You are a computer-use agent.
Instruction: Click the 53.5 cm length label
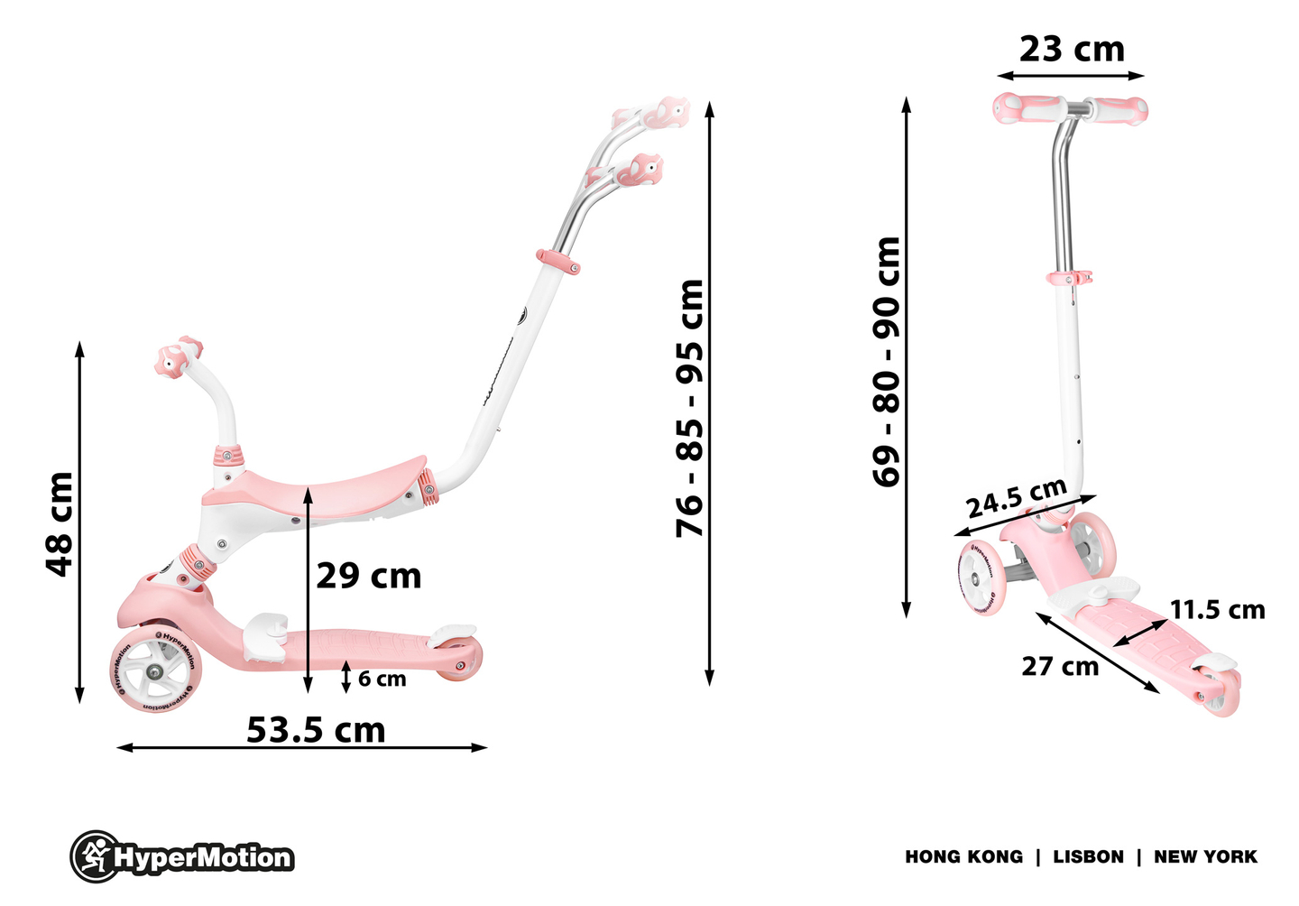(316, 729)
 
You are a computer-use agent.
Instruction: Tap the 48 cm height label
(60, 523)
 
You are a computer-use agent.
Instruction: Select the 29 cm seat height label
(369, 576)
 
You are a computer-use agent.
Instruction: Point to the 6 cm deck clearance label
(382, 679)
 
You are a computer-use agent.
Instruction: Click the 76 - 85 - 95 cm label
(690, 408)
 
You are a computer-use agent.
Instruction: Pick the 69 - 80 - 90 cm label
(888, 361)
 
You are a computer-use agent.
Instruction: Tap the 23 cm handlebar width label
(1072, 49)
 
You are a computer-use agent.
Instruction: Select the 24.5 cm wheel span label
(1017, 499)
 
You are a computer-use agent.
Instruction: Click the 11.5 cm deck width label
(1218, 610)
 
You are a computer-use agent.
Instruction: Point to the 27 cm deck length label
(1060, 667)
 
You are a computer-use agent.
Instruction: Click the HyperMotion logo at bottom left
(183, 856)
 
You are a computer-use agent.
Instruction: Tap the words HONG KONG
(963, 856)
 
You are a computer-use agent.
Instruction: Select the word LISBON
(1088, 856)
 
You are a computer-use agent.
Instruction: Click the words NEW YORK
(1205, 856)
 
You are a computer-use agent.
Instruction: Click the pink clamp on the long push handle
(558, 262)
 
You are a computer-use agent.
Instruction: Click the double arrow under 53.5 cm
(302, 747)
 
